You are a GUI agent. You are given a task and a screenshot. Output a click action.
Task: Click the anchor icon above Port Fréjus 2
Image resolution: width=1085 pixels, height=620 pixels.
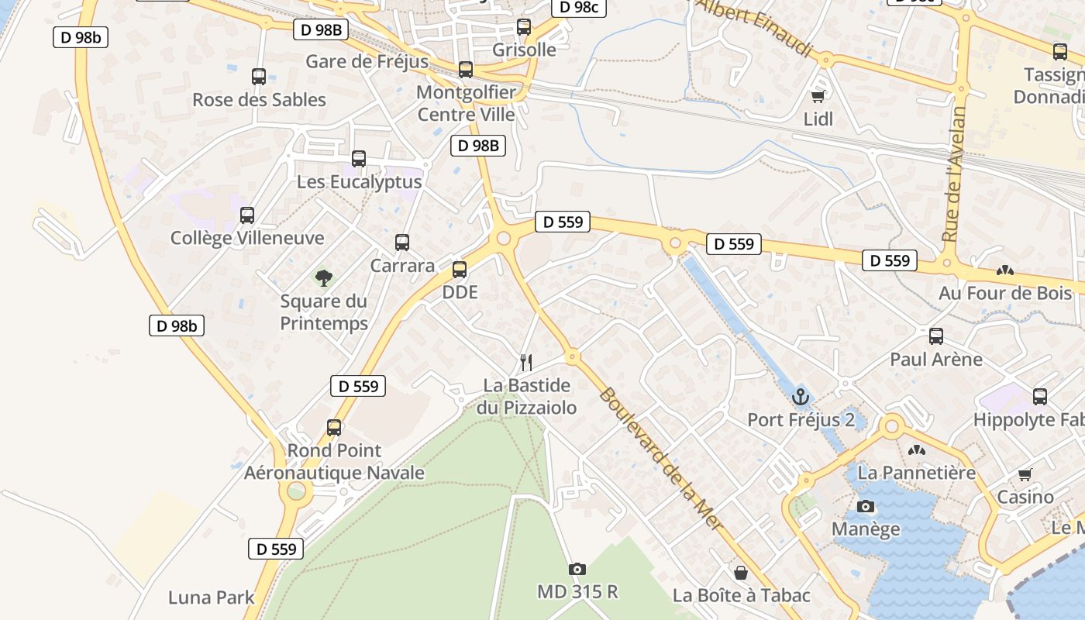point(800,398)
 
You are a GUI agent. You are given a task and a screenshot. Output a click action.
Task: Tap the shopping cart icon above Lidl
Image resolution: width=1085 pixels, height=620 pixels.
point(818,96)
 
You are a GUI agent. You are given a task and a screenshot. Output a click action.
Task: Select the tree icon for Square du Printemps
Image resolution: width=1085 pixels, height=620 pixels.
point(323,277)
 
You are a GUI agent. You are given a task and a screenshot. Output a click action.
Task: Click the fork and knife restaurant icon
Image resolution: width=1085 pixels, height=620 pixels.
point(526,362)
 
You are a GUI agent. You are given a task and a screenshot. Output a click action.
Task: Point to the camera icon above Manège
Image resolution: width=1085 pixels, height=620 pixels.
point(866,507)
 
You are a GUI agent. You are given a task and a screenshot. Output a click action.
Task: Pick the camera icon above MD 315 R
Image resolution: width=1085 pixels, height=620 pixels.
point(577,570)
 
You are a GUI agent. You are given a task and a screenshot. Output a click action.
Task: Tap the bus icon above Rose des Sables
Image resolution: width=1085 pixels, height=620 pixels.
point(259,77)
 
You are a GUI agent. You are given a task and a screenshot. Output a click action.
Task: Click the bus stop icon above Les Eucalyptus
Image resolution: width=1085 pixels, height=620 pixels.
point(359,159)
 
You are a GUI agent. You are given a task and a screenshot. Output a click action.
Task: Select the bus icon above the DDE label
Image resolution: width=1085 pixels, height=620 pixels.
point(460,270)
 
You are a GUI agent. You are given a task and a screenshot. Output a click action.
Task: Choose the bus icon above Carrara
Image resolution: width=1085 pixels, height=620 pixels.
point(402,243)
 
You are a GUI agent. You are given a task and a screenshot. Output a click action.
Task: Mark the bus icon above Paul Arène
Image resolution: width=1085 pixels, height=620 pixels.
point(936,336)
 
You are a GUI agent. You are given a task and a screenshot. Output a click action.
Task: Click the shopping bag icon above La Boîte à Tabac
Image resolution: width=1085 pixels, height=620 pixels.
point(741,573)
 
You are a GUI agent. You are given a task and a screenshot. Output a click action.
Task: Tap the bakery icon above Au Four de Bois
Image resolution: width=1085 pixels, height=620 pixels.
point(1005,271)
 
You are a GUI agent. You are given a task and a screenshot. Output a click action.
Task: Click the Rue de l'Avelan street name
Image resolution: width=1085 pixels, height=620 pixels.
point(955,174)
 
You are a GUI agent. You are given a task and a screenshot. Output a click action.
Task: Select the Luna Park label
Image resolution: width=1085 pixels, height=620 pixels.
point(212,598)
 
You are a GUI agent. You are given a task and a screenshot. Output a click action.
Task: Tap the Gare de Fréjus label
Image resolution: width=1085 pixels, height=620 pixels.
point(367,61)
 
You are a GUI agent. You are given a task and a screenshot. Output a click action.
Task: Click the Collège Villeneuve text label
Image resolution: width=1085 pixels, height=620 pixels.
point(247,238)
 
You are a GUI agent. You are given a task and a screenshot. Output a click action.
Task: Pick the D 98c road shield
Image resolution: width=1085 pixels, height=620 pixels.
point(578,7)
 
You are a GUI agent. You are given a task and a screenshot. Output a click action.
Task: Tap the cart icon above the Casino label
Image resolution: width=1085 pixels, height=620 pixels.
point(1025,474)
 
